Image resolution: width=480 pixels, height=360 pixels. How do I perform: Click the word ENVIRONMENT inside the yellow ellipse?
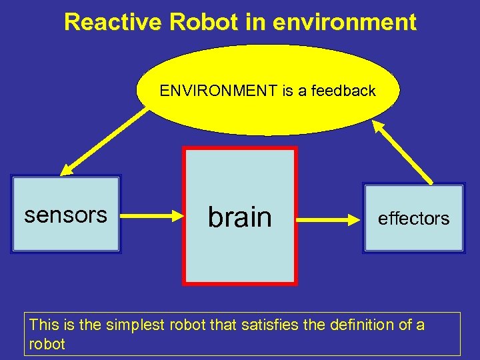(219, 91)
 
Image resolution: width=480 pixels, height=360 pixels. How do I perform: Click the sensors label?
(65, 215)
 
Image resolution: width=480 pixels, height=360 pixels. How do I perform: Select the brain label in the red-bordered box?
(240, 217)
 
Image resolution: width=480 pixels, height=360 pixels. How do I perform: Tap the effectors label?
(413, 219)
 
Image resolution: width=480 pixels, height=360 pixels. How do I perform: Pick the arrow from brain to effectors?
(329, 217)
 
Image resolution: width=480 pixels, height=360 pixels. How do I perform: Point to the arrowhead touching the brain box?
(177, 215)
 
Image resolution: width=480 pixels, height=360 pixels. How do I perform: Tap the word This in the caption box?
(44, 325)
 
